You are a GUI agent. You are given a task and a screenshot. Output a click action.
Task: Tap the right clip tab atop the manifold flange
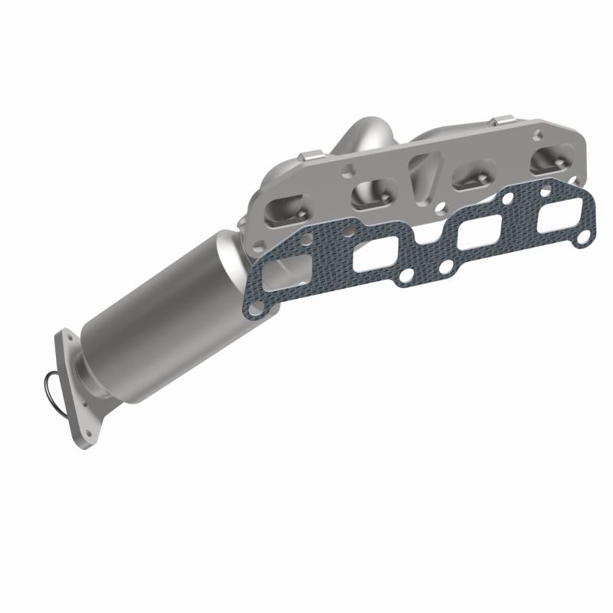click(x=502, y=121)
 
